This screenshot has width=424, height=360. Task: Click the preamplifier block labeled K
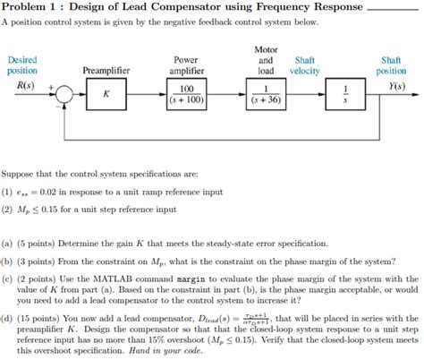pyautogui.click(x=106, y=92)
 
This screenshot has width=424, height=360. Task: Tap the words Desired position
pyautogui.click(x=21, y=64)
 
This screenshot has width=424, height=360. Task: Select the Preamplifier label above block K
pyautogui.click(x=106, y=70)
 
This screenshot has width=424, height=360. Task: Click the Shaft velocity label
pyautogui.click(x=304, y=64)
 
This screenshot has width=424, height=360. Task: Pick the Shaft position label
pyautogui.click(x=391, y=64)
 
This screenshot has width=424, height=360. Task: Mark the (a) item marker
pyautogui.click(x=7, y=241)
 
